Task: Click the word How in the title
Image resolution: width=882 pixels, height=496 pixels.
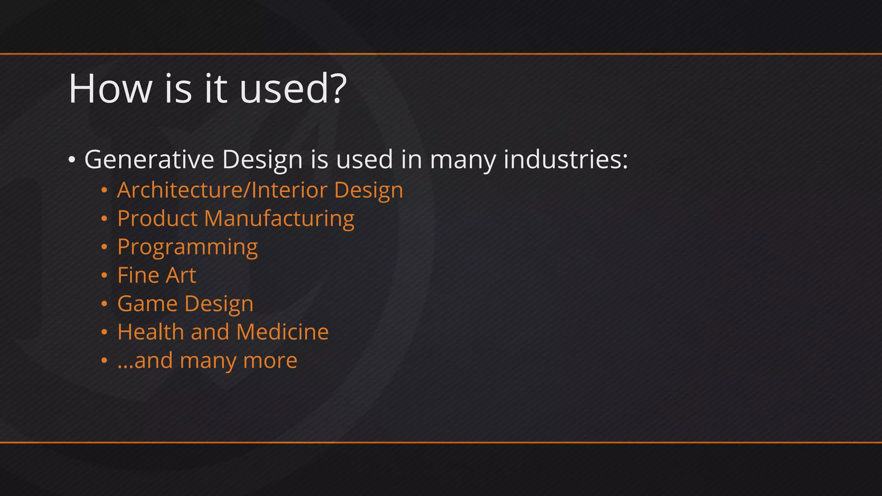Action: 110,89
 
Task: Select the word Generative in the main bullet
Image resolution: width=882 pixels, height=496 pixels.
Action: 149,159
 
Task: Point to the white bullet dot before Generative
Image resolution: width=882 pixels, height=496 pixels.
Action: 72,160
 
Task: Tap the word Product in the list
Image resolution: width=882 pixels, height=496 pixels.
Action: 157,218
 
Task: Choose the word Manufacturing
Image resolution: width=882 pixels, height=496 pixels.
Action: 279,218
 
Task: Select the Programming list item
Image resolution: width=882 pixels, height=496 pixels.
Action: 187,247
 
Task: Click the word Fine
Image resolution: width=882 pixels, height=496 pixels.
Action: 138,275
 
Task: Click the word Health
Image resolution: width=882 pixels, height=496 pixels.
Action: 151,332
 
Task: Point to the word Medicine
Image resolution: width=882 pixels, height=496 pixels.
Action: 282,332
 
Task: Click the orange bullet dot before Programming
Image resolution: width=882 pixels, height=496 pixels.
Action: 104,247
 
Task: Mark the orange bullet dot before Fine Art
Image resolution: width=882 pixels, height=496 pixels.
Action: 104,276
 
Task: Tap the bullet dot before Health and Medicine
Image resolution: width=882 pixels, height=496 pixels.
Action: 104,332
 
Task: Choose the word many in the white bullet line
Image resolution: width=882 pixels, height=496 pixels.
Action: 463,160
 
